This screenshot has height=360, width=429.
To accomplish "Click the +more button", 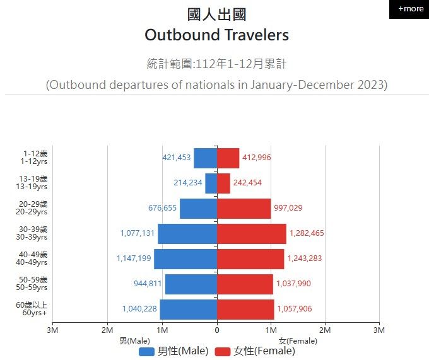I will (410, 9).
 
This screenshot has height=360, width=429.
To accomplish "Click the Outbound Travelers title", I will (216, 35).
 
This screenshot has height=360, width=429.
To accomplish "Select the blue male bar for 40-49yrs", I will (185, 258).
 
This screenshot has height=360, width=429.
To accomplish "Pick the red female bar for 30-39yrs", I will (251, 233).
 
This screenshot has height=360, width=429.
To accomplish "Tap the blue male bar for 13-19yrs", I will (211, 183).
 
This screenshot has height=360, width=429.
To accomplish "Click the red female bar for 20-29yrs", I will (244, 208).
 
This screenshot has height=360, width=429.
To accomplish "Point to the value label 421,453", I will (177, 158).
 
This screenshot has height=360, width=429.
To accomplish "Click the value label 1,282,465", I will (307, 233).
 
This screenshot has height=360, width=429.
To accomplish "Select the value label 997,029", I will (291, 208).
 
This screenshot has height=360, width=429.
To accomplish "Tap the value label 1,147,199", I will (134, 258).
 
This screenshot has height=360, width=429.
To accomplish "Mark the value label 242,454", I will (247, 183).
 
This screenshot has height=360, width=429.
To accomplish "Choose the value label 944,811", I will (148, 284).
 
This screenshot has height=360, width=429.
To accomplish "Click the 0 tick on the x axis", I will (217, 330).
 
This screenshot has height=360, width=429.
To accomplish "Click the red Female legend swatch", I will (223, 351).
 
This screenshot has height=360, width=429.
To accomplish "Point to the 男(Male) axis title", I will (135, 340).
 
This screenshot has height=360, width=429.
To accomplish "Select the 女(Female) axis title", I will (298, 340).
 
